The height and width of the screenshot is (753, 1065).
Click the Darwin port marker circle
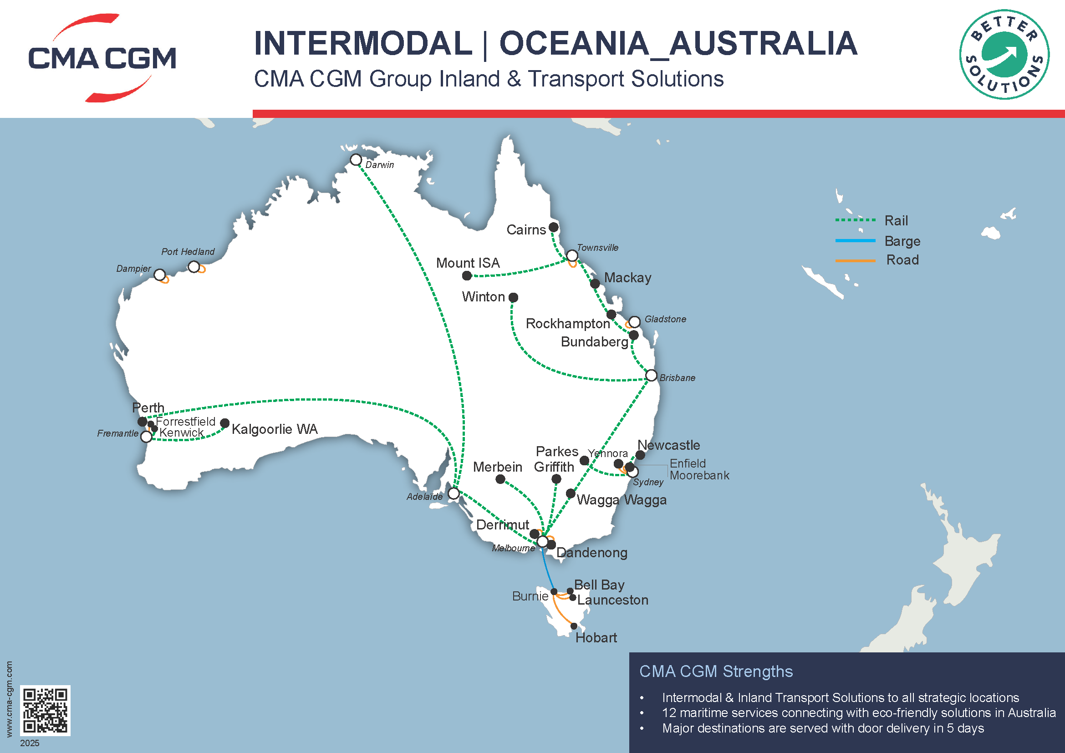356,159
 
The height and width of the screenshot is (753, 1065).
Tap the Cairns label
526,229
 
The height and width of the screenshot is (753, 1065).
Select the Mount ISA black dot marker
467,276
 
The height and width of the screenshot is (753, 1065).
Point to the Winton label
484,297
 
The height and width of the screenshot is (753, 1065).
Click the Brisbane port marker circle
651,376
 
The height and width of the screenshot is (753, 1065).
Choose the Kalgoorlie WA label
275,429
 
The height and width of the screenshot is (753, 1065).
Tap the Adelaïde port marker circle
454,494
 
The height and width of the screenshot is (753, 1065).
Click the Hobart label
596,637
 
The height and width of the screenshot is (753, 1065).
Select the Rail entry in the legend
896,220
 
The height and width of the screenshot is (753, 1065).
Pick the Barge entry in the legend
902,241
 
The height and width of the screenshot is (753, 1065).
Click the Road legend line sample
856,260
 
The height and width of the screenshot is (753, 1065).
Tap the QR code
46,710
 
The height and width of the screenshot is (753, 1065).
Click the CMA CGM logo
102,58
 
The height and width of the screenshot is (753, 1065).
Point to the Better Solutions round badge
1004,54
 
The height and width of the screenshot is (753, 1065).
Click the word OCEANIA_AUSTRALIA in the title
678,43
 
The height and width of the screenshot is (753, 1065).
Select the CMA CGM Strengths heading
716,672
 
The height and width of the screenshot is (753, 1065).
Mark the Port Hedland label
188,251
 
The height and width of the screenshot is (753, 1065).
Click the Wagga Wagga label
622,500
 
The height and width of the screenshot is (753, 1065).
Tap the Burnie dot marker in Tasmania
554,592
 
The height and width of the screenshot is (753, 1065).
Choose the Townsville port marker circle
572,256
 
